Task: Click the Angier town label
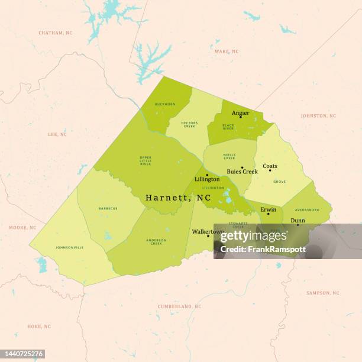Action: pyautogui.click(x=240, y=112)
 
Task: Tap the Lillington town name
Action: pyautogui.click(x=207, y=179)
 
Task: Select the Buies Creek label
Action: pyautogui.click(x=242, y=172)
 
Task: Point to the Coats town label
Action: pyautogui.click(x=270, y=166)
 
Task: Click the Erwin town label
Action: pyautogui.click(x=268, y=209)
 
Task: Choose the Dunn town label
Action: pyautogui.click(x=298, y=220)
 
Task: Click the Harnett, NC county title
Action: pyautogui.click(x=178, y=198)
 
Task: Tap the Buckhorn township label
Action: pyautogui.click(x=164, y=104)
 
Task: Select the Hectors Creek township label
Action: pyautogui.click(x=189, y=125)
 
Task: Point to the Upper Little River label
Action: pyautogui.click(x=146, y=160)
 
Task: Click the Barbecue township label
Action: pyautogui.click(x=108, y=208)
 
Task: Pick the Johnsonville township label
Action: pyautogui.click(x=69, y=247)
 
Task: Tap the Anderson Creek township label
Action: pyautogui.click(x=156, y=241)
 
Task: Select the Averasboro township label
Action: pyautogui.click(x=307, y=209)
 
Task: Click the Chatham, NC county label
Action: pyautogui.click(x=55, y=33)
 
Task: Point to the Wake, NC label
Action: pyautogui.click(x=227, y=51)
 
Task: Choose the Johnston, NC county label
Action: pyautogui.click(x=318, y=116)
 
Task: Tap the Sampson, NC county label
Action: pyautogui.click(x=322, y=293)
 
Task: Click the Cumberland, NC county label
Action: pyautogui.click(x=179, y=306)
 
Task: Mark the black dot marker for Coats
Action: pyautogui.click(x=270, y=170)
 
